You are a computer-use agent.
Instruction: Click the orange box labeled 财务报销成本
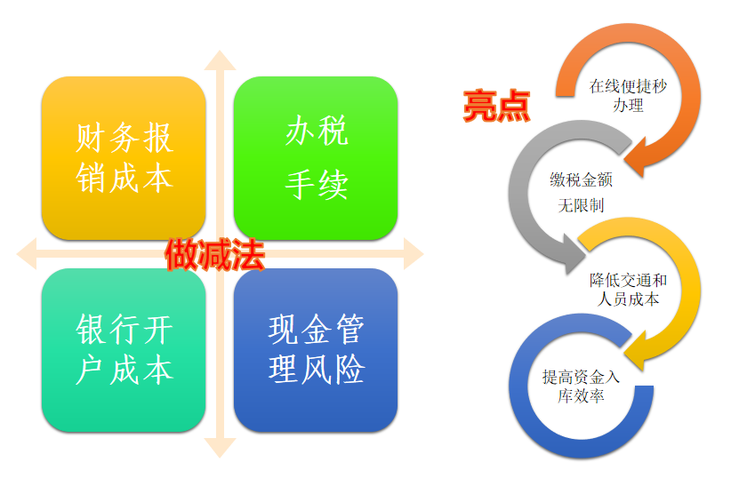[124, 158]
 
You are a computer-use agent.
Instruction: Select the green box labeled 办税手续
[316, 158]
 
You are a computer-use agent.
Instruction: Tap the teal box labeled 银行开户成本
[124, 350]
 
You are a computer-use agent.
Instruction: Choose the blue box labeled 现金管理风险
[316, 350]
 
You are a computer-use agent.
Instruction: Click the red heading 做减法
[215, 255]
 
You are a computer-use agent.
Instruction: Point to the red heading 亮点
[496, 106]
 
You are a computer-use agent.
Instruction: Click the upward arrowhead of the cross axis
[221, 60]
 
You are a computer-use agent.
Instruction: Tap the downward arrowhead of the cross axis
[221, 448]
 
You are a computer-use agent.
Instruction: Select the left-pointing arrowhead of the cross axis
[27, 254]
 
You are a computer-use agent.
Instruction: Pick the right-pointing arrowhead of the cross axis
[414, 254]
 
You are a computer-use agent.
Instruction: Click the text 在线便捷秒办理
[628, 95]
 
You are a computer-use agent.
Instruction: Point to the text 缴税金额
[581, 179]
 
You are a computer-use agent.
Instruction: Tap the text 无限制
[581, 205]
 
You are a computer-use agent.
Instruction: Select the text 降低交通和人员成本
[628, 290]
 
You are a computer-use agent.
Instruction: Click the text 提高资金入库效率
[581, 386]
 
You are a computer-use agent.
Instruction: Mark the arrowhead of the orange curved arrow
[635, 158]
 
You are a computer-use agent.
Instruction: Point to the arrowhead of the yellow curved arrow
[635, 351]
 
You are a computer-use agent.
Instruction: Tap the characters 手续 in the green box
[317, 185]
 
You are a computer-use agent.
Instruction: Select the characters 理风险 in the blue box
[317, 369]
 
